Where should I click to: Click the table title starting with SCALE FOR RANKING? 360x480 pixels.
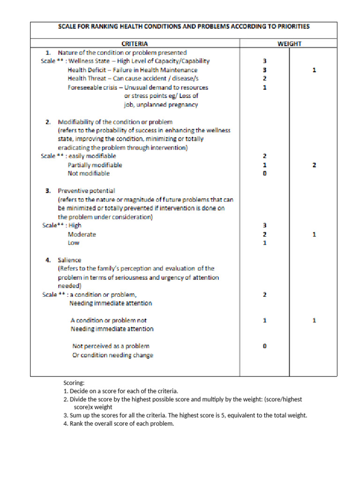[184, 27]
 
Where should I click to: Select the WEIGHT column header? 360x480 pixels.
[289, 44]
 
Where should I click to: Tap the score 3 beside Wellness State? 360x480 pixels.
[265, 61]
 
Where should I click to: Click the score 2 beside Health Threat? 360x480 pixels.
[265, 79]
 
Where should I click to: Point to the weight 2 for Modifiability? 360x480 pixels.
[315, 165]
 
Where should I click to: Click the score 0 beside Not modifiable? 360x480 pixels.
[265, 173]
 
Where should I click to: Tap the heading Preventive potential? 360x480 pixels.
[86, 191]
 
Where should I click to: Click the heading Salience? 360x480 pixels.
[69, 260]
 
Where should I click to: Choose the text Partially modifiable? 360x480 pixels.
[95, 165]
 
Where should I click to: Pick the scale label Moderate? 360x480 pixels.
[82, 234]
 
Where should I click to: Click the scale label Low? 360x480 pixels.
[74, 243]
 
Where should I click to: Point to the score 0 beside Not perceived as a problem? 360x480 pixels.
[265, 346]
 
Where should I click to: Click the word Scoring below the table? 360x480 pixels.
[74, 383]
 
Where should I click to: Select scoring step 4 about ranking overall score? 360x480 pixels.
[119, 424]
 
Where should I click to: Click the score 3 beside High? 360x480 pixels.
[265, 225]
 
